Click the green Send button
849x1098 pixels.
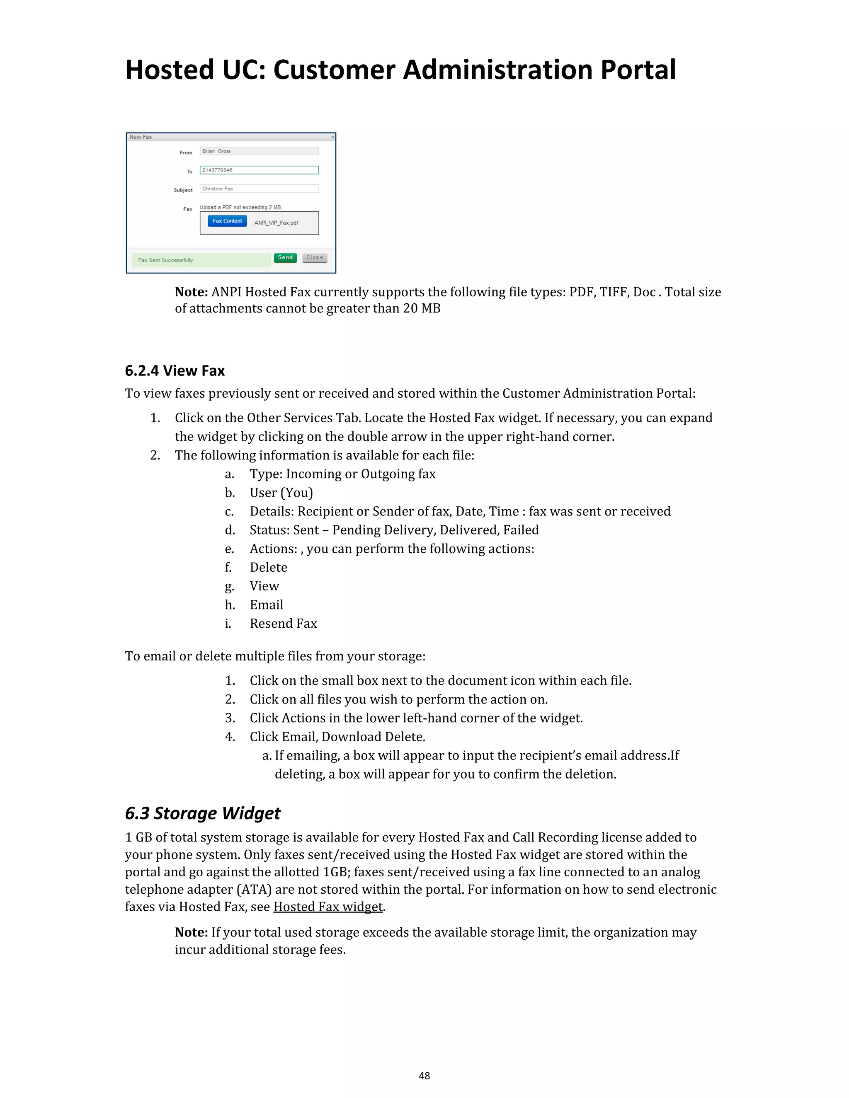pos(285,257)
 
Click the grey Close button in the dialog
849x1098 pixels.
pos(315,257)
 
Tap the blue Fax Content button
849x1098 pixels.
pos(227,221)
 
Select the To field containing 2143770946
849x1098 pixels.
pos(259,170)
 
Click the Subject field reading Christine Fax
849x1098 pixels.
pos(259,189)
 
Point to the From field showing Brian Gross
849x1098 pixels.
pos(259,151)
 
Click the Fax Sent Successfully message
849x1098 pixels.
pos(201,260)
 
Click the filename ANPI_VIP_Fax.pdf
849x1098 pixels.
pos(276,223)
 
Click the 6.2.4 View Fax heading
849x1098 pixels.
pos(175,371)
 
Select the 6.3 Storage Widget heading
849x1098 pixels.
pos(202,813)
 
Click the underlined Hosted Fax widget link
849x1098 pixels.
pos(328,907)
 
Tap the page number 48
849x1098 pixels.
pos(424,1075)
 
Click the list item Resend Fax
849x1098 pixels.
pos(283,624)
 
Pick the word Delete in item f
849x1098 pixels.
pos(269,567)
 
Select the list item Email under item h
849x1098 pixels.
pos(267,605)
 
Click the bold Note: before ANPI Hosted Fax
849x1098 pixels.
pos(191,292)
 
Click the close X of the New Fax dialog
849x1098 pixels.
pos(332,137)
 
